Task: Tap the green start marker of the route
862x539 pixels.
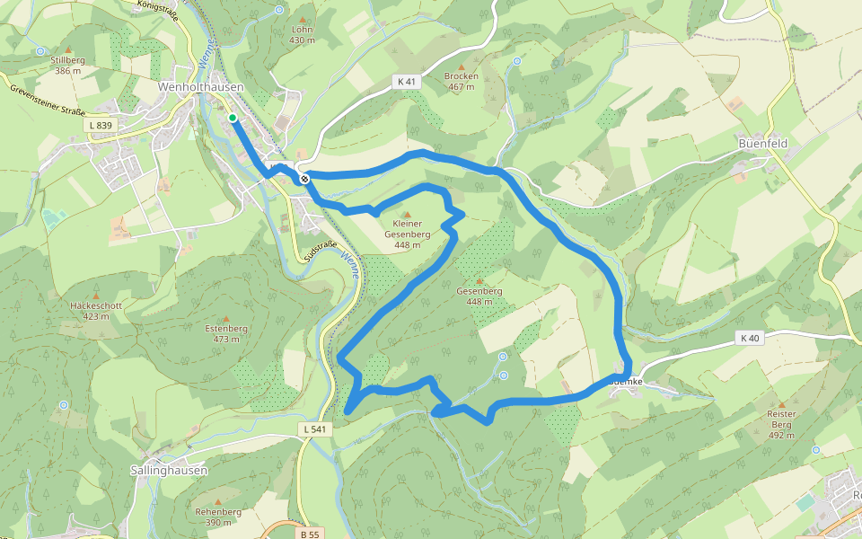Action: click(x=232, y=118)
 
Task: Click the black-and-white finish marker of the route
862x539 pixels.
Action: click(x=305, y=179)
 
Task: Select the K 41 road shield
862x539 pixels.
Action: click(x=407, y=81)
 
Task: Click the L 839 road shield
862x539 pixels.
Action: click(x=100, y=125)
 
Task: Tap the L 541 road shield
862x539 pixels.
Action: click(x=314, y=429)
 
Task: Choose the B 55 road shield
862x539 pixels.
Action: click(x=310, y=534)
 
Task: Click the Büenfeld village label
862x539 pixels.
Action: click(x=762, y=143)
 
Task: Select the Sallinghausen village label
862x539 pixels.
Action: click(x=169, y=470)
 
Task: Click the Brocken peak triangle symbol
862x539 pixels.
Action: click(x=461, y=66)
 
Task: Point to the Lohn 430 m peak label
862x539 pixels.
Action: click(x=303, y=34)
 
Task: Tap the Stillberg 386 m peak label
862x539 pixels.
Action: click(x=68, y=65)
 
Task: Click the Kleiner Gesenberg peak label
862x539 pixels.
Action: click(x=407, y=234)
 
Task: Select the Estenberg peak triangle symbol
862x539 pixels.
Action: click(x=225, y=319)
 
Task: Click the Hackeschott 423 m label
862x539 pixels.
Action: click(x=96, y=310)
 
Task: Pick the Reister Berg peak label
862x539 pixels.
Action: click(x=781, y=424)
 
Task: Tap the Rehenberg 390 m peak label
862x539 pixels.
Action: click(x=218, y=517)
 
